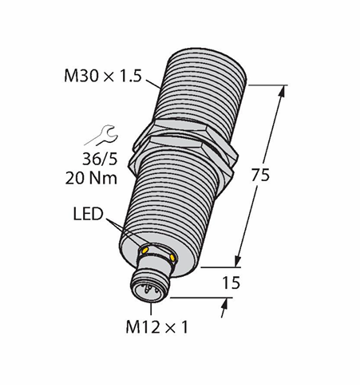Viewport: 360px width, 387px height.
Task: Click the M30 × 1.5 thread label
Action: (103, 75)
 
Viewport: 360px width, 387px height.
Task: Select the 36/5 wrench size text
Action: (100, 160)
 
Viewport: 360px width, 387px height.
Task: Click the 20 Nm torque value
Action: (91, 178)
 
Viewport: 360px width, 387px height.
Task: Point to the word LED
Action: (88, 214)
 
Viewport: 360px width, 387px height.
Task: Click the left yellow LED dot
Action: (145, 250)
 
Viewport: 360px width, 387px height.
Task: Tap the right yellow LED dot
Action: (172, 258)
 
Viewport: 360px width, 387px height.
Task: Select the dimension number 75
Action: (260, 176)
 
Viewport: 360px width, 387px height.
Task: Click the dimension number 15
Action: (231, 282)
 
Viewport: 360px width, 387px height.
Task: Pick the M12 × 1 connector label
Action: (157, 327)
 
